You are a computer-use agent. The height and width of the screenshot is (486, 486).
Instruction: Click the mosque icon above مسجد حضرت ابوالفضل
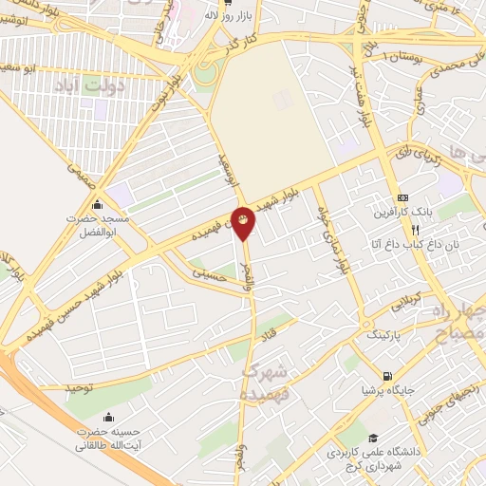coord(97,203)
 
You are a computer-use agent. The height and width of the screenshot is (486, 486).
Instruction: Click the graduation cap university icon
coord(373,437)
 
